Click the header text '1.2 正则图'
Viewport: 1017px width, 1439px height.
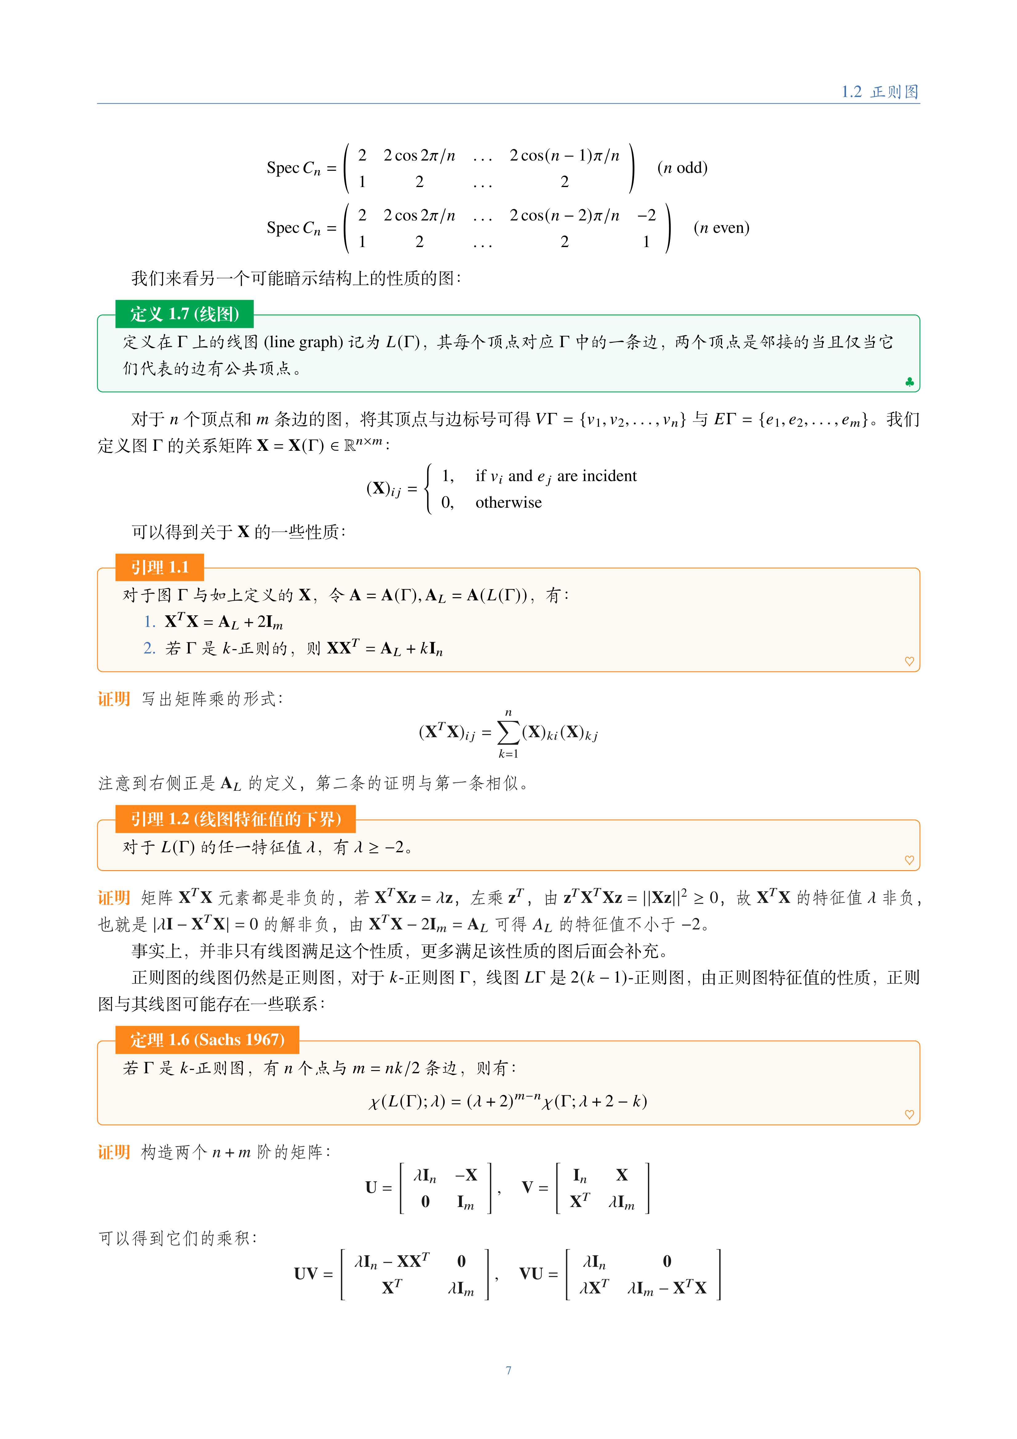coord(880,92)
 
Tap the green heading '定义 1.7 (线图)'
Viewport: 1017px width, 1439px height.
coord(184,314)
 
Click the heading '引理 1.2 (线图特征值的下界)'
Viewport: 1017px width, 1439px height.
coord(236,819)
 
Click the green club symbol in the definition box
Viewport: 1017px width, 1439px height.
coord(909,382)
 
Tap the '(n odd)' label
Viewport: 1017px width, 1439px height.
coord(682,168)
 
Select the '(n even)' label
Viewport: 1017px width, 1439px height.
coord(721,228)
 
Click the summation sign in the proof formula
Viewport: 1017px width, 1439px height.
coord(508,732)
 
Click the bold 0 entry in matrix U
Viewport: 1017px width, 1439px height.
coord(426,1201)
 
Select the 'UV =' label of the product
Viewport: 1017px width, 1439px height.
coord(313,1274)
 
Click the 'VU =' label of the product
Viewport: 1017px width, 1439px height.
coord(538,1274)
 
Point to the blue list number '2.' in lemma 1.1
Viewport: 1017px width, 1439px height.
coord(149,648)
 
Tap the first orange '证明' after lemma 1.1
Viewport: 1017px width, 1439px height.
coord(113,699)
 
